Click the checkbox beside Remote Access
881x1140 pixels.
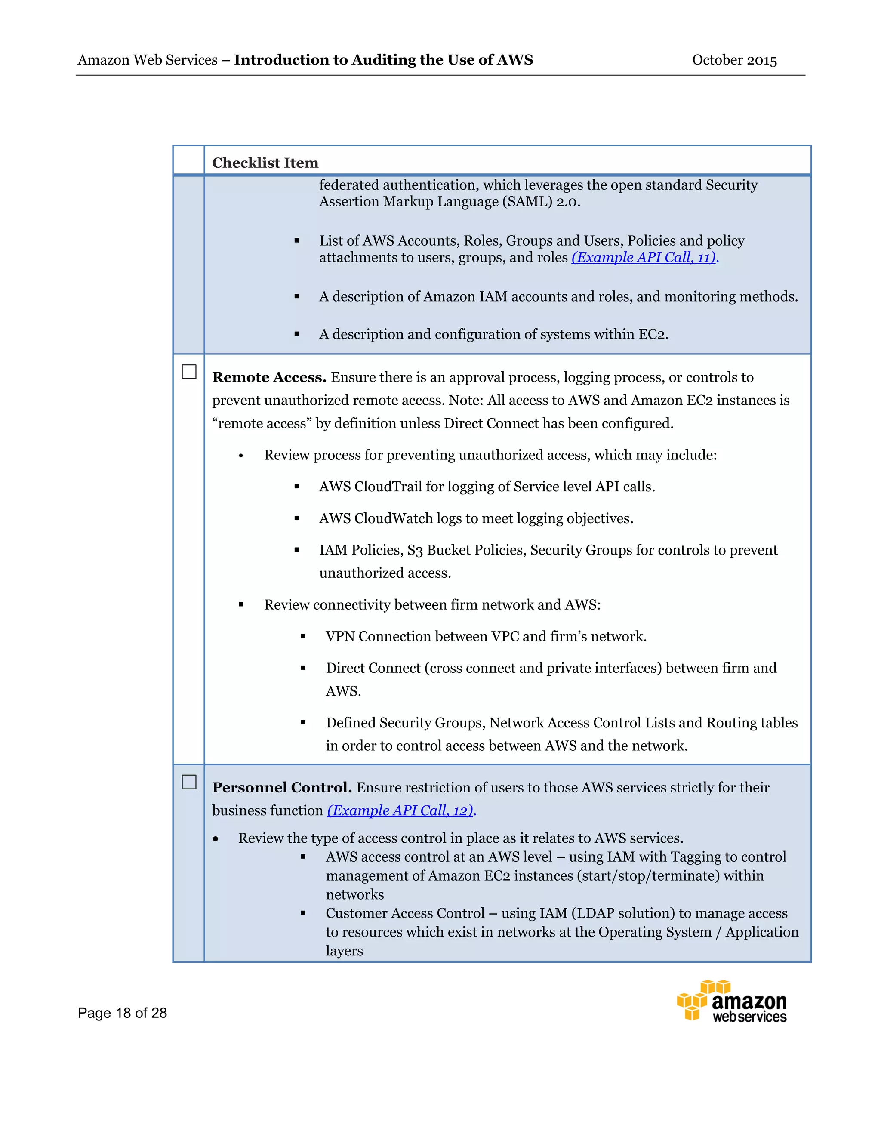189,372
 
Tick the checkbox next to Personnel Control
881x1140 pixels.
189,782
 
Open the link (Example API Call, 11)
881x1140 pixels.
644,257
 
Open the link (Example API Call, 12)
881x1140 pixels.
401,810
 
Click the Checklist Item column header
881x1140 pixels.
265,163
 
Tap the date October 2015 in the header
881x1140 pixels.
734,60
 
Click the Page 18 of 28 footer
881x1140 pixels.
122,1013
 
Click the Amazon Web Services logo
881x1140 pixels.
732,1001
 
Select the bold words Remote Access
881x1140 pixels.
269,377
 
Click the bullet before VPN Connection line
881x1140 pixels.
303,636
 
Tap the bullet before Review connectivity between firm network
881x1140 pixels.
241,605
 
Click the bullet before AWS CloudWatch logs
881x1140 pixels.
296,518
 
